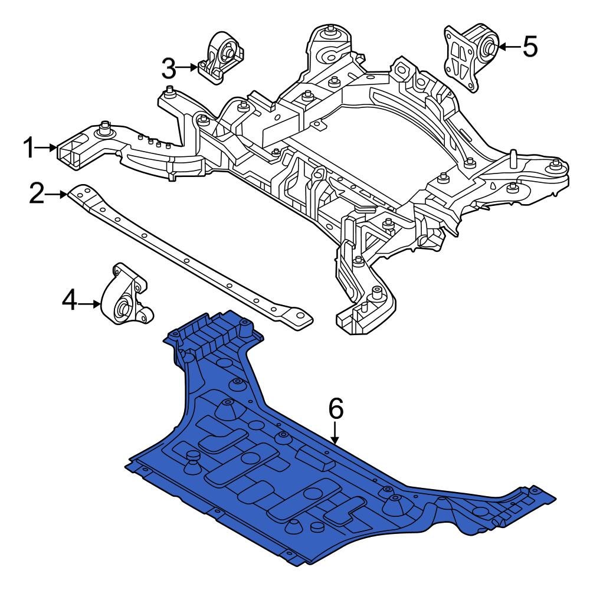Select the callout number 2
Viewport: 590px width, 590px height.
37,194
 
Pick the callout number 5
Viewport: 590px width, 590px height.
530,46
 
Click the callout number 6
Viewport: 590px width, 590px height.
335,408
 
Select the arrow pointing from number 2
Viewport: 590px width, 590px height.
57,194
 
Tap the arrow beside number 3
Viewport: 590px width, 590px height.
188,68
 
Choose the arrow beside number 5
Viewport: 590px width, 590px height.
509,46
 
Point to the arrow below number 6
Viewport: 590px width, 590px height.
335,432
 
